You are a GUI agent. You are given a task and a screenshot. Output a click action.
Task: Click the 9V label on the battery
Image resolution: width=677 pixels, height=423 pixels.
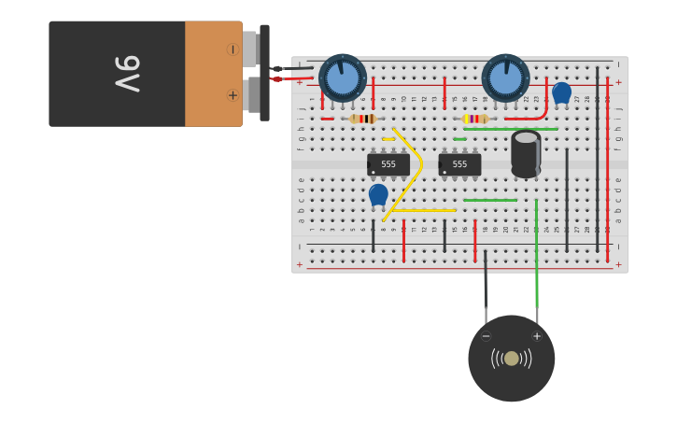127,74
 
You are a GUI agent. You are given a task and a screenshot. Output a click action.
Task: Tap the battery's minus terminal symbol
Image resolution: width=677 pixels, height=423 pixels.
233,49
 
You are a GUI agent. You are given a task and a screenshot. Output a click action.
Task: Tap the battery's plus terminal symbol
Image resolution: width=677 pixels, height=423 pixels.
233,95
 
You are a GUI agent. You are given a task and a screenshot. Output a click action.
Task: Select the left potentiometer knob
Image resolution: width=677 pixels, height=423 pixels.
343,78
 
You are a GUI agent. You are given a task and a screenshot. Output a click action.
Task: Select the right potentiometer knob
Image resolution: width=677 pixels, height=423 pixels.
505,78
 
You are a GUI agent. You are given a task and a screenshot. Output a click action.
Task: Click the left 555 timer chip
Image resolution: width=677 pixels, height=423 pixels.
388,164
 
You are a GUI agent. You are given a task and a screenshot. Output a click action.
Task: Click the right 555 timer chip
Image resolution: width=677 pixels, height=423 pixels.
459,164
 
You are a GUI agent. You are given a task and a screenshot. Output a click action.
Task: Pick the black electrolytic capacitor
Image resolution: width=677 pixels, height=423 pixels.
526,153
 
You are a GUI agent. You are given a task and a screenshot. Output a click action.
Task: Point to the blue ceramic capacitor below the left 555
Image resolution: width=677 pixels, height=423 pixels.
378,194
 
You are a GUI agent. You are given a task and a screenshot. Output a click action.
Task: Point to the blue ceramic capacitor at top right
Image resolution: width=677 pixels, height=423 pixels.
561,92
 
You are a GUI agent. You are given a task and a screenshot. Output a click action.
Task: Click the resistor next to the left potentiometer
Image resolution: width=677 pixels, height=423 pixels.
362,119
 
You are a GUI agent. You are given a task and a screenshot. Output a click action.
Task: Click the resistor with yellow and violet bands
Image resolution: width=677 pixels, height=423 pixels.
475,119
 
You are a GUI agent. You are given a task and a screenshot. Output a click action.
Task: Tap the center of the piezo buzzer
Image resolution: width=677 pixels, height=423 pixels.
511,359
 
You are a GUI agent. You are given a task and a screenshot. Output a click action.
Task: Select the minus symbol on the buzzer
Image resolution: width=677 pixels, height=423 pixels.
486,336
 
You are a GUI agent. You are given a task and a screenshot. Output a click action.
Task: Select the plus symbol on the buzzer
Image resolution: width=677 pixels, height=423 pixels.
537,336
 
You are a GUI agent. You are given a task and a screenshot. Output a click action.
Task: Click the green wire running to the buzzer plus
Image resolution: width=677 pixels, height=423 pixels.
536,261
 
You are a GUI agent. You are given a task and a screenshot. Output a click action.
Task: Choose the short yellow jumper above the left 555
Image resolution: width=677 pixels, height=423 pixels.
388,139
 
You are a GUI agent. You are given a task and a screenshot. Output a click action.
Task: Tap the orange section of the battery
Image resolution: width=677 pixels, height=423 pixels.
213,74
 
